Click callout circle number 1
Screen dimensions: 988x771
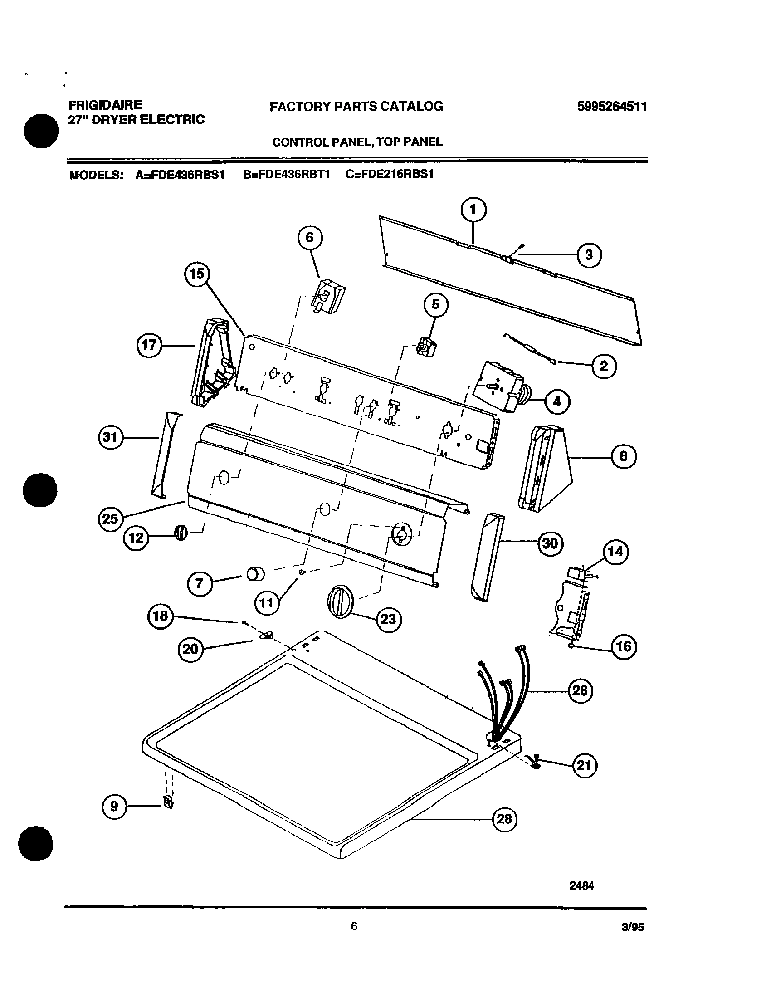click(x=473, y=210)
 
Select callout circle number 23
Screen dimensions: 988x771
click(x=389, y=619)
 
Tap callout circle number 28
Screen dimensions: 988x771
click(x=504, y=819)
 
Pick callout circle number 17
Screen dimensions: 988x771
click(x=149, y=345)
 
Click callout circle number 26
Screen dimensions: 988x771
click(x=580, y=690)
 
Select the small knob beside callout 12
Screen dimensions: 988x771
click(x=180, y=533)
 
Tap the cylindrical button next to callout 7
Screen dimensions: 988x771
click(x=255, y=575)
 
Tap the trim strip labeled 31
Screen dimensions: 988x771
click(x=166, y=454)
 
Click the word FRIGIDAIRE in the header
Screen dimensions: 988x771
click(x=105, y=105)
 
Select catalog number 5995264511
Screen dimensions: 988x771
click(x=612, y=107)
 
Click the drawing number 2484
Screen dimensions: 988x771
click(x=581, y=885)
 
